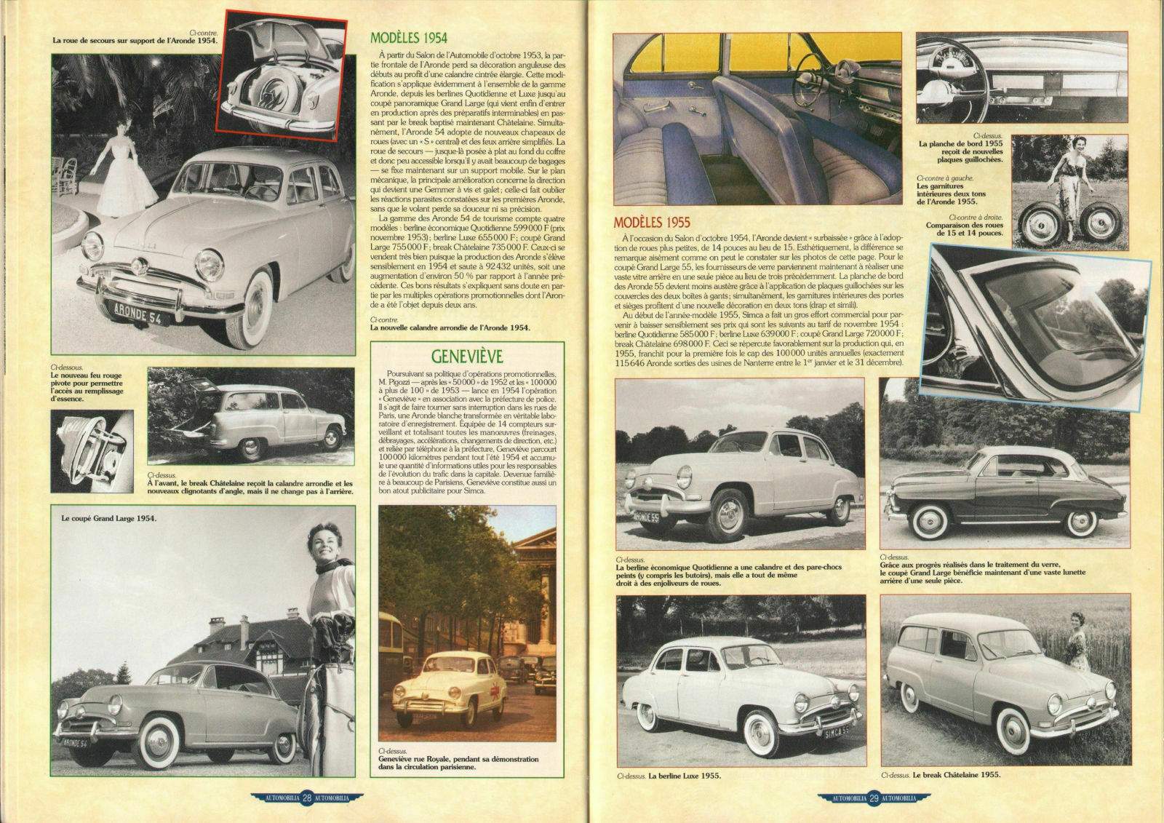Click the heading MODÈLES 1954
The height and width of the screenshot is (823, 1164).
[408, 39]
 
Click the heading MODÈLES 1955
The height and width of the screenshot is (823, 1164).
[651, 222]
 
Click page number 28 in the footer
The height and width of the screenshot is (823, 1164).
[308, 798]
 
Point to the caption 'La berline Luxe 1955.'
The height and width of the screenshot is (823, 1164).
[685, 776]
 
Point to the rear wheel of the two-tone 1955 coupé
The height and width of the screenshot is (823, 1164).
[1080, 522]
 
